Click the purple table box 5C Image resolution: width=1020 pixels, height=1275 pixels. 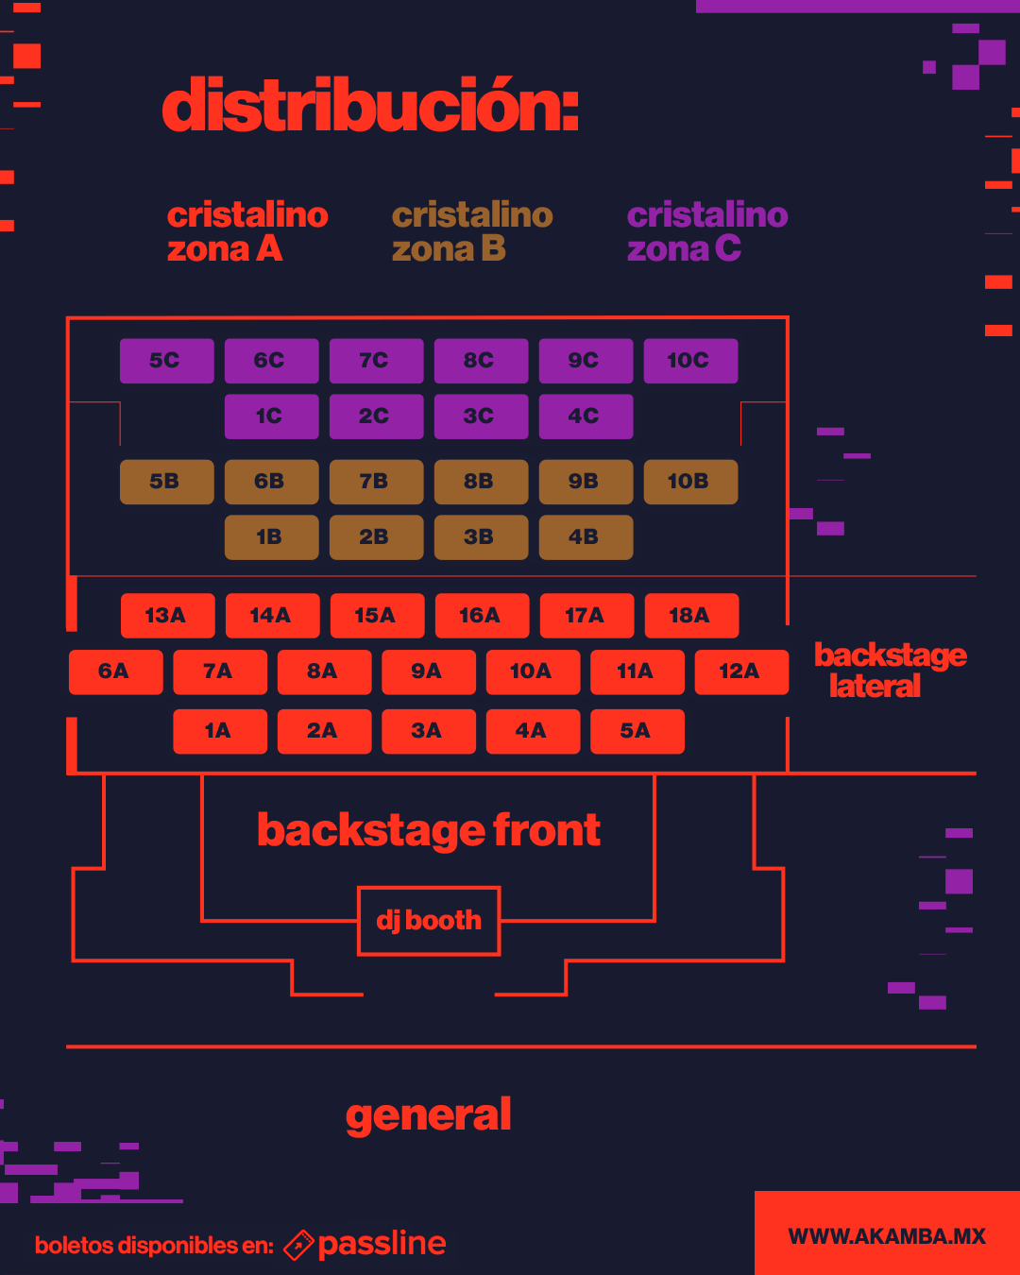pyautogui.click(x=166, y=361)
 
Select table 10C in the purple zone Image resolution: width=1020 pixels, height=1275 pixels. pyautogui.click(x=690, y=361)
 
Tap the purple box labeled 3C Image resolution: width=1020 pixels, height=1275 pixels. pyautogui.click(x=481, y=416)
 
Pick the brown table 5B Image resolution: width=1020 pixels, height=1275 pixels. pyautogui.click(x=166, y=482)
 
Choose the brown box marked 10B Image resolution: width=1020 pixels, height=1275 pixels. pyautogui.click(x=690, y=482)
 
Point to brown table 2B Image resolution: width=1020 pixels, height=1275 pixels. pyautogui.click(x=376, y=537)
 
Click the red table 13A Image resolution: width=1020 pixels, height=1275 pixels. pyautogui.click(x=167, y=616)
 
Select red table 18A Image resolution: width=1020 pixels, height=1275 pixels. pyautogui.click(x=691, y=616)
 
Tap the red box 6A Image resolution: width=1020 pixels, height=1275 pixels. pyautogui.click(x=115, y=671)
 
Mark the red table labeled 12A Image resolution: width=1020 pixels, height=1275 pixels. pyautogui.click(x=741, y=671)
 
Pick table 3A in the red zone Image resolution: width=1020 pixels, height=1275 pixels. pyautogui.click(x=428, y=731)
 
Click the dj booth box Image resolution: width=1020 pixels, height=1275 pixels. pyautogui.click(x=429, y=921)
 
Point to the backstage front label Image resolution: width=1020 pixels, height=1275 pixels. pyautogui.click(x=429, y=831)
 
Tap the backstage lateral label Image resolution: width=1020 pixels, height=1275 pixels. pyautogui.click(x=890, y=671)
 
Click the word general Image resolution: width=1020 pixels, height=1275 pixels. pyautogui.click(x=429, y=1115)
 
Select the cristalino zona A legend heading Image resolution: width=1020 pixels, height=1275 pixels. pyautogui.click(x=247, y=231)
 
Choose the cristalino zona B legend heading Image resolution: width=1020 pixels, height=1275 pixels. pyautogui.click(x=472, y=231)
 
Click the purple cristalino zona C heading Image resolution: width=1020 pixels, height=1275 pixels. pyautogui.click(x=707, y=231)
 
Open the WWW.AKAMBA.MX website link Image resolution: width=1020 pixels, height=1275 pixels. pyautogui.click(x=887, y=1236)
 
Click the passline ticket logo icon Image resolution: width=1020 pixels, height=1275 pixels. pyautogui.click(x=298, y=1245)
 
